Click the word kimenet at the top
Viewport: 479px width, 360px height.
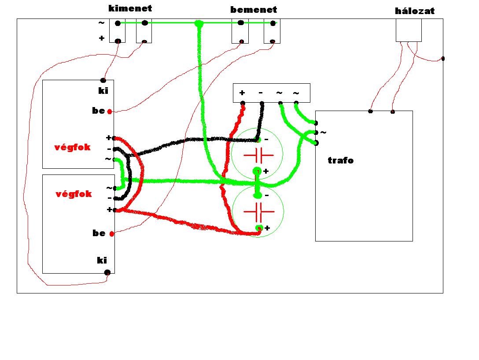(x=130, y=8)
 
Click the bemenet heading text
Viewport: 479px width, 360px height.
(x=254, y=9)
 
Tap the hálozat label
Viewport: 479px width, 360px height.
(x=414, y=11)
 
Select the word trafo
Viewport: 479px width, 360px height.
(x=340, y=160)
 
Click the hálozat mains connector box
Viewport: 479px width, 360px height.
(x=409, y=30)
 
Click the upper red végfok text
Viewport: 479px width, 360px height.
(x=72, y=147)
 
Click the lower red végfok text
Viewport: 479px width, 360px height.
(x=74, y=194)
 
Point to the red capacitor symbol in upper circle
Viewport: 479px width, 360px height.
(x=258, y=155)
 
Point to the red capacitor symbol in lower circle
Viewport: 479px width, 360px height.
(x=258, y=212)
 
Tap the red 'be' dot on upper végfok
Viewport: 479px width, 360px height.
(x=110, y=111)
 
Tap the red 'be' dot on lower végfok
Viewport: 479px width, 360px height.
(x=112, y=234)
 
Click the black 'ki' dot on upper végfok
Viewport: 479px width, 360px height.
(x=103, y=80)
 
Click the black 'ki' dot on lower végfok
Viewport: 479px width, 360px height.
(x=107, y=272)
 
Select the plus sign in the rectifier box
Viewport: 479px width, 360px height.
(x=242, y=93)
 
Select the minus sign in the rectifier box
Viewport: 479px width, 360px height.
(x=261, y=93)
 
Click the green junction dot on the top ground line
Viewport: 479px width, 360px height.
(x=199, y=23)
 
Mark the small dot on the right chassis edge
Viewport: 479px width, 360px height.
(x=442, y=59)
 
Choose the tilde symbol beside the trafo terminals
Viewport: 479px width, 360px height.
(x=324, y=132)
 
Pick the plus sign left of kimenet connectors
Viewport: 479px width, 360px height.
(x=102, y=38)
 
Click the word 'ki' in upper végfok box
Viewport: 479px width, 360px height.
(x=103, y=92)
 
